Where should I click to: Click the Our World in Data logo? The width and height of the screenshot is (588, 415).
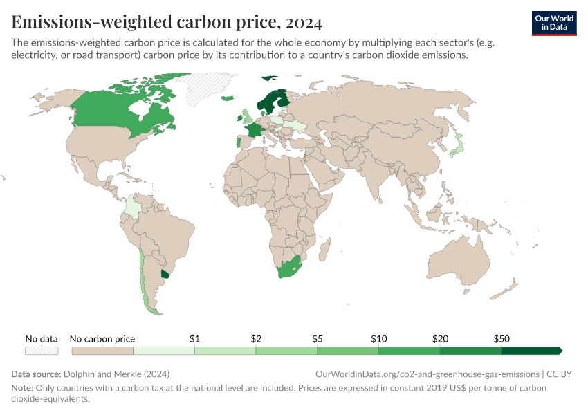553,23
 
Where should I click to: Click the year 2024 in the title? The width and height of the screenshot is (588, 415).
303,23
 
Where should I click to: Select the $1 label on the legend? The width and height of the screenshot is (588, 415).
194,339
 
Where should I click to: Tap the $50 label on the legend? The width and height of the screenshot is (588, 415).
502,339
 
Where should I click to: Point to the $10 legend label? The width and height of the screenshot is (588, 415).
378,339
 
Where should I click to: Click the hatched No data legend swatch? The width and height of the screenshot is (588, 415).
42,351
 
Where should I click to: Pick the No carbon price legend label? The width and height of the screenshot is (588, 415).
103,339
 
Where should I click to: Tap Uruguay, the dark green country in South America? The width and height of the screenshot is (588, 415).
165,274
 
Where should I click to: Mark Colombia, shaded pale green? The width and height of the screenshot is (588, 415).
132,207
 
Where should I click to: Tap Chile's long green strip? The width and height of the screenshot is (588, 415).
142,277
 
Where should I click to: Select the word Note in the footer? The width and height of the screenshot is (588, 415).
21,387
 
